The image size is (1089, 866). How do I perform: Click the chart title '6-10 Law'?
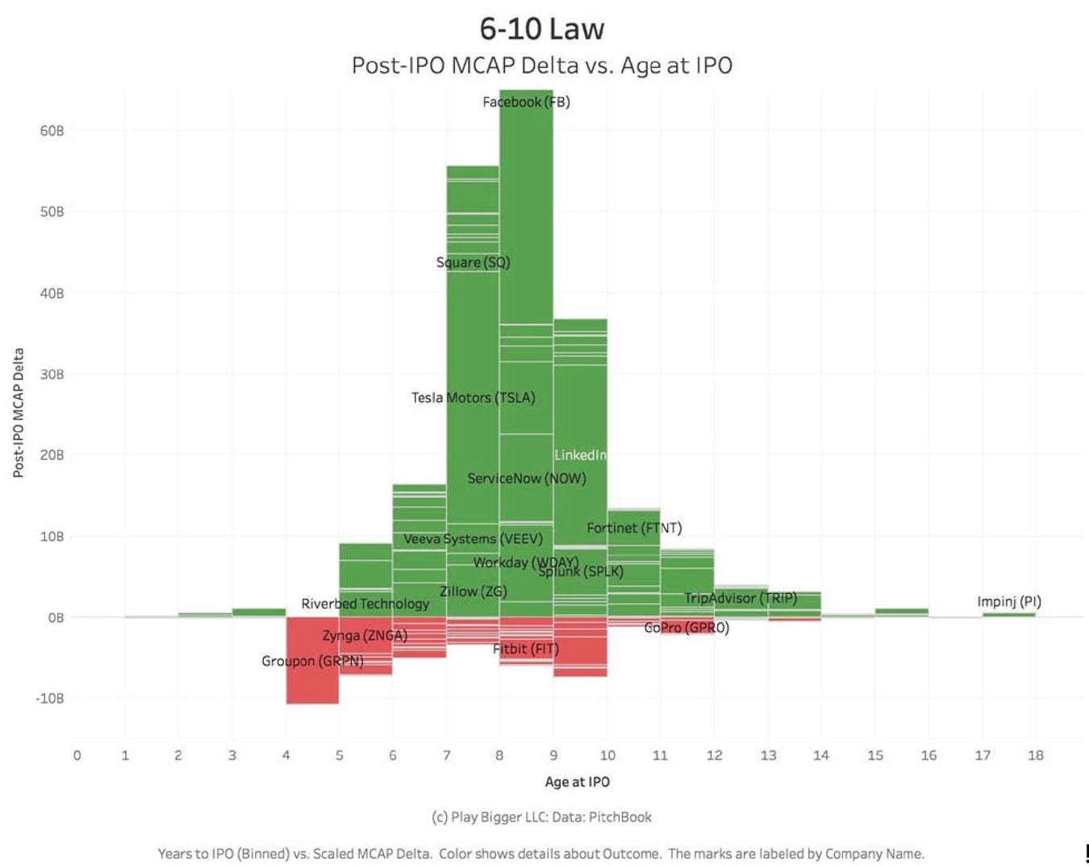click(541, 29)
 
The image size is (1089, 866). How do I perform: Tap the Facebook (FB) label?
click(526, 102)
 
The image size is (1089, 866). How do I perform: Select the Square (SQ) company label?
click(473, 262)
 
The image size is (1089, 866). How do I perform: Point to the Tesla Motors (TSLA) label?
click(473, 397)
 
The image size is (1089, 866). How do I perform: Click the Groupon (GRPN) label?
click(312, 661)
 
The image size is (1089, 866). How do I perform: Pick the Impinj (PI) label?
click(1008, 601)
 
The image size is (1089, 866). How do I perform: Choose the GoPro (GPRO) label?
click(686, 627)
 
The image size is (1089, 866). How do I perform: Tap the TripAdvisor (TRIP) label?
click(741, 598)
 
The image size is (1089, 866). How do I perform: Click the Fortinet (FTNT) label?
click(634, 528)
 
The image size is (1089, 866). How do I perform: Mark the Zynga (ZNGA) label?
click(365, 635)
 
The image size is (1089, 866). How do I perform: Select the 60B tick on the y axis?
click(52, 131)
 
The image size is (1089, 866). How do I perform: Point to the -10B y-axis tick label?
click(49, 698)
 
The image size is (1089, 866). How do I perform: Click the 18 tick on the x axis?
click(1035, 755)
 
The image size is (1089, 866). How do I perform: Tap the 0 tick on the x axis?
click(77, 755)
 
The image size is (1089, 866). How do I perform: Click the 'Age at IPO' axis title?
click(577, 781)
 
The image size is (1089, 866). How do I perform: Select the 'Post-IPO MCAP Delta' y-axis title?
click(18, 412)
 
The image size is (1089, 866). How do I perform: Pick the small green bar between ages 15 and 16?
click(901, 611)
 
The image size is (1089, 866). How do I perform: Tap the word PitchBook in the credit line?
click(620, 817)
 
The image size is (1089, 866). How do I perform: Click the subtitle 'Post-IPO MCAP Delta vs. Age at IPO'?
click(541, 65)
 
